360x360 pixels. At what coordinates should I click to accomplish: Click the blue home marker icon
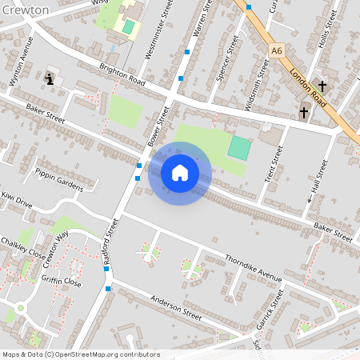click(180, 173)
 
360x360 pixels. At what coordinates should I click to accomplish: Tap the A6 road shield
click(277, 50)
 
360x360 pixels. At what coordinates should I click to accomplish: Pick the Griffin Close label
click(62, 282)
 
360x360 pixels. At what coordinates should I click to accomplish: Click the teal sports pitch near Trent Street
click(238, 147)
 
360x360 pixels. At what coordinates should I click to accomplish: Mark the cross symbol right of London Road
click(322, 86)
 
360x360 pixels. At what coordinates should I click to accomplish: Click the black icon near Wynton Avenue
click(52, 78)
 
